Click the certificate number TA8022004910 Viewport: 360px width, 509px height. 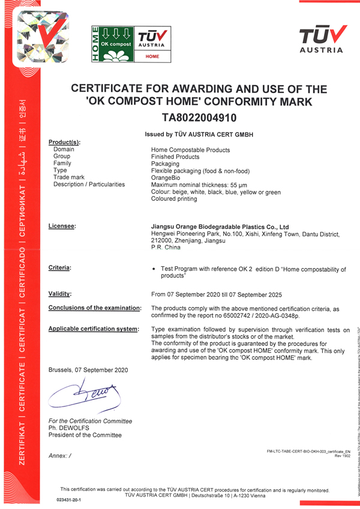(x=199, y=118)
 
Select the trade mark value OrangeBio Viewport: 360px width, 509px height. (x=165, y=177)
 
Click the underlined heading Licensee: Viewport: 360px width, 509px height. (x=62, y=226)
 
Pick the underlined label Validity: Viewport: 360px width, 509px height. (x=60, y=294)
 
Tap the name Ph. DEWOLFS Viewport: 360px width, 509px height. (x=68, y=428)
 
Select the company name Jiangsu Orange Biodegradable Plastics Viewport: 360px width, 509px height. (x=220, y=227)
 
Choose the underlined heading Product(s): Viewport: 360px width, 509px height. (x=64, y=142)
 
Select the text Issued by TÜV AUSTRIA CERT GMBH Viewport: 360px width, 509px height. (x=199, y=135)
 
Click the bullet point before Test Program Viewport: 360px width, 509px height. (x=155, y=270)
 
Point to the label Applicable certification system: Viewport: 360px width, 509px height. (x=94, y=329)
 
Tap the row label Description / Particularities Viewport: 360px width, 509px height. (x=89, y=185)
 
